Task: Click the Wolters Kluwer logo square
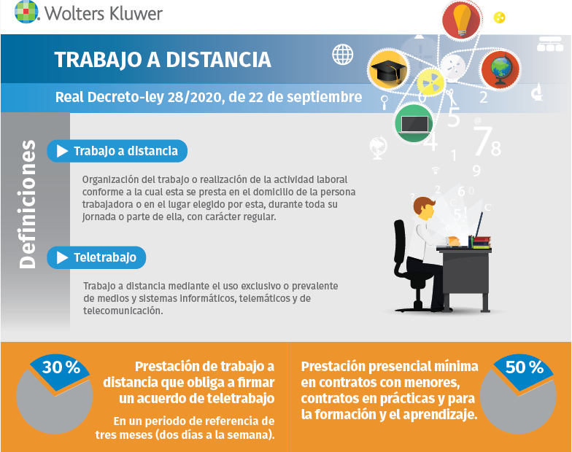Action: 26,12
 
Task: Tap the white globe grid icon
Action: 343,54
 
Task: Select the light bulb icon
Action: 462,20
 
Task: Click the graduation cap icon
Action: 388,70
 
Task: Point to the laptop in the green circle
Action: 414,124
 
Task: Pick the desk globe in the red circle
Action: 500,69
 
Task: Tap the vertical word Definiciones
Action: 28,204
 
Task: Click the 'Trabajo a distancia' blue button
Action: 117,151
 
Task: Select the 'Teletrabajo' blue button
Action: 96,258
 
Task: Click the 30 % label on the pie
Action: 61,367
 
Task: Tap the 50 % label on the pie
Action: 524,367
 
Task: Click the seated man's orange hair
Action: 423,203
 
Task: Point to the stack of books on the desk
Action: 482,242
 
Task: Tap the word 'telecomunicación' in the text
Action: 123,311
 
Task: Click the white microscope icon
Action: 537,92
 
